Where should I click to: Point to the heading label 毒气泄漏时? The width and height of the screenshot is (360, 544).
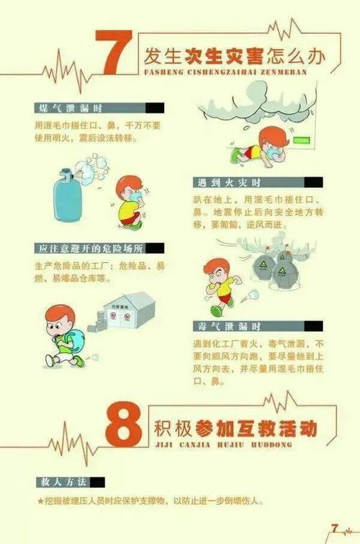231,326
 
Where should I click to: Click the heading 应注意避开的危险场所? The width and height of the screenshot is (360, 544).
91,249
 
